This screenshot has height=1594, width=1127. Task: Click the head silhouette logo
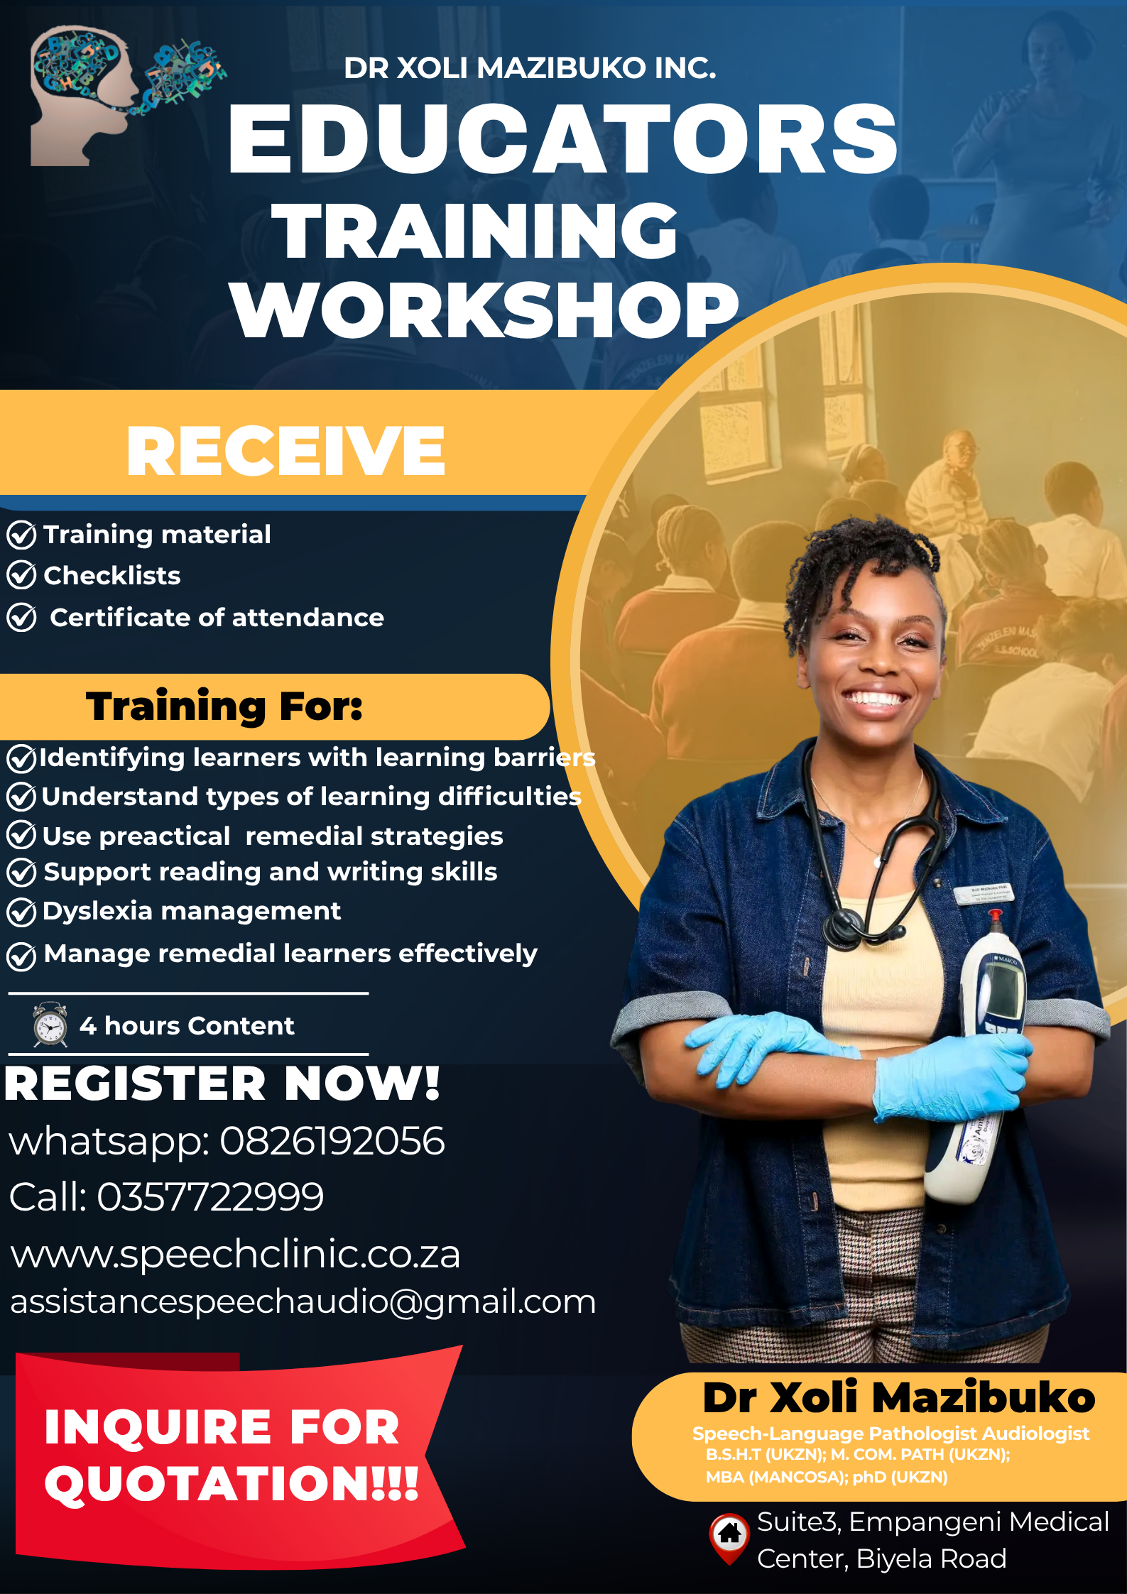[x=82, y=96]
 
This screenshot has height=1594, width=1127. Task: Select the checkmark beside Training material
[x=21, y=535]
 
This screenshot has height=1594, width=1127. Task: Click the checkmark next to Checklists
[x=21, y=575]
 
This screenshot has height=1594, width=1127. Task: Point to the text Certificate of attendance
[x=217, y=618]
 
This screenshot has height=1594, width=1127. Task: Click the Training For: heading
[x=224, y=706]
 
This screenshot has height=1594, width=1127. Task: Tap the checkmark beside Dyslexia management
[x=21, y=912]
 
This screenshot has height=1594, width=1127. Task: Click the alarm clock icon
[x=50, y=1025]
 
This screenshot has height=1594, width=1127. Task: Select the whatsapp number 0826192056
[x=332, y=1141]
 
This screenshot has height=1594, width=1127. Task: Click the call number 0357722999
[x=210, y=1197]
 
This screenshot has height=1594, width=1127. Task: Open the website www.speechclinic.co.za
[x=235, y=1254]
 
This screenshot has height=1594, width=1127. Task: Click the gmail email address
[x=303, y=1301]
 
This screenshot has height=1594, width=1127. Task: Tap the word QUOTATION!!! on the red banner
[x=232, y=1484]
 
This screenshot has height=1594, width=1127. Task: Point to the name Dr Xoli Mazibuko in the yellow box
[x=898, y=1399]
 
